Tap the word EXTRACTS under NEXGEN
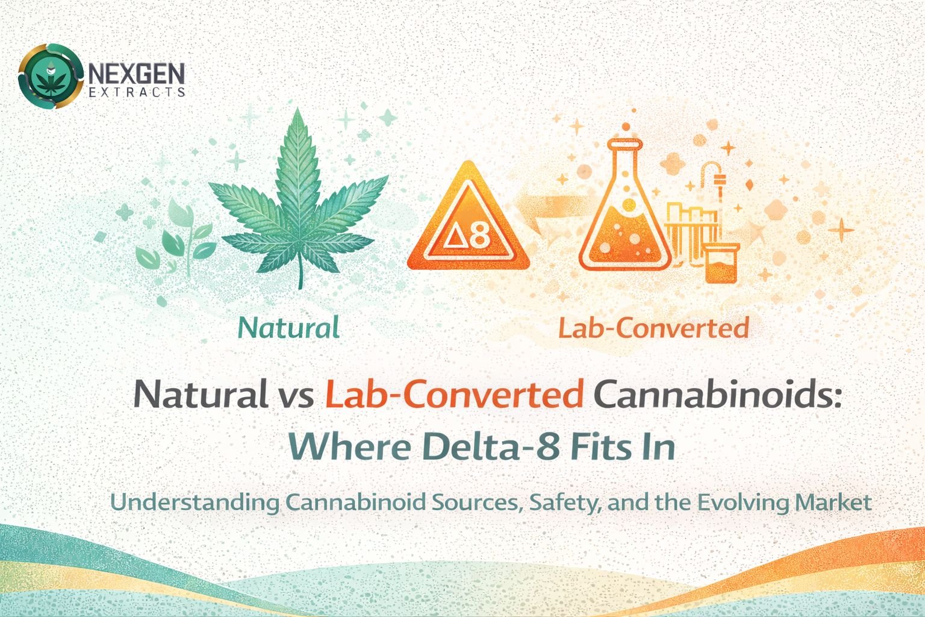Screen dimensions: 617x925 pos(137,93)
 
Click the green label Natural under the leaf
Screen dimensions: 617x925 pos(288,328)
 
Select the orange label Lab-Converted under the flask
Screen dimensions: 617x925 pos(653,328)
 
